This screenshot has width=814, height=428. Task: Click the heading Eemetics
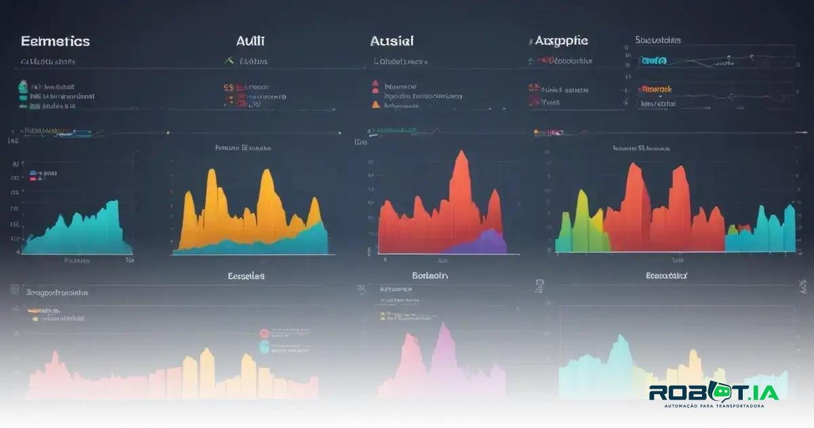[55, 41]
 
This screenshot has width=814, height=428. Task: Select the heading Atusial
[391, 41]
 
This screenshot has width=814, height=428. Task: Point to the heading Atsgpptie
[562, 41]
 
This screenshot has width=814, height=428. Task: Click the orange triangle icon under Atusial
[375, 105]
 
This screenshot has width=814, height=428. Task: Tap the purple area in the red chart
[483, 243]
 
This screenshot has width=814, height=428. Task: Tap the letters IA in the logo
[764, 393]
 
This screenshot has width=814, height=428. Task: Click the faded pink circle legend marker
[265, 333]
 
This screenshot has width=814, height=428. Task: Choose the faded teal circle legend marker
[265, 346]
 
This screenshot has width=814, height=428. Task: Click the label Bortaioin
[429, 276]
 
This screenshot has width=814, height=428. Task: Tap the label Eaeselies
[246, 276]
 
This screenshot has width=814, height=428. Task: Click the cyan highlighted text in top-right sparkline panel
[653, 61]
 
